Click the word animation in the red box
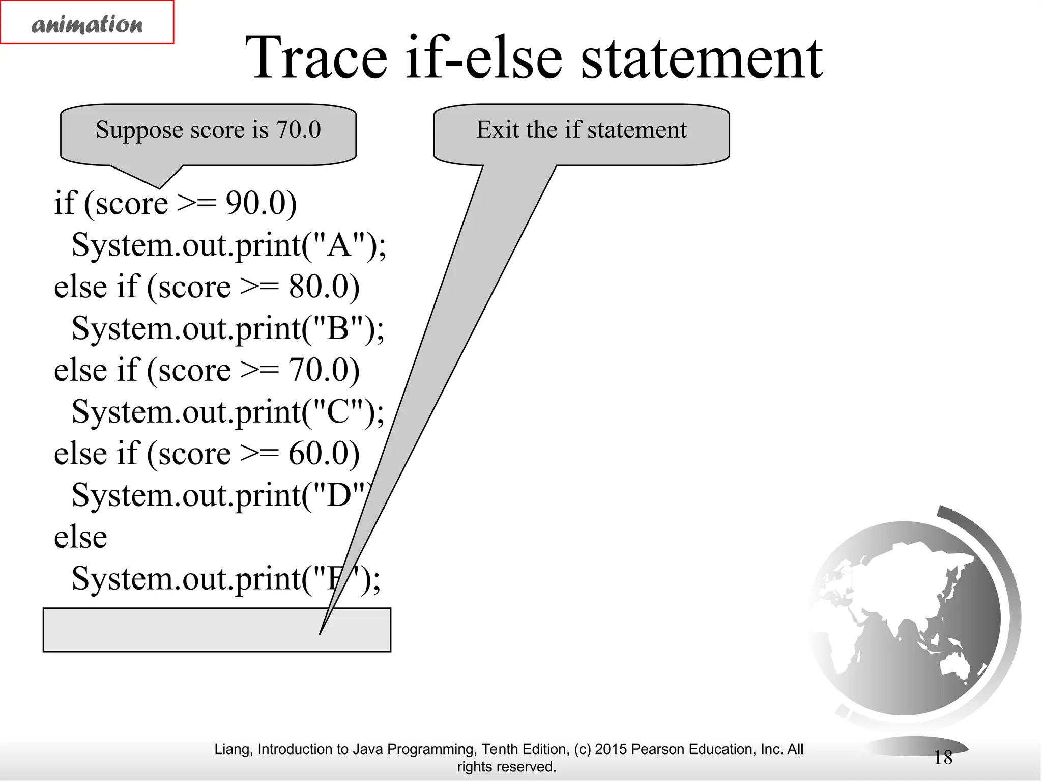pyautogui.click(x=87, y=24)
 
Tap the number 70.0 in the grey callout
pyautogui.click(x=299, y=129)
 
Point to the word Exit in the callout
pyautogui.click(x=498, y=129)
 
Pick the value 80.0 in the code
pyautogui.click(x=318, y=286)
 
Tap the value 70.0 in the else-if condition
pyautogui.click(x=318, y=370)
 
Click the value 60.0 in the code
pyautogui.click(x=318, y=453)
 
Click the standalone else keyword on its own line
pyautogui.click(x=80, y=537)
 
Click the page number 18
pyautogui.click(x=943, y=758)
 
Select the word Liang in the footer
pyautogui.click(x=233, y=749)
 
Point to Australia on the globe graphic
pyautogui.click(x=957, y=664)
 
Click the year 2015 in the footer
pyautogui.click(x=611, y=749)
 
